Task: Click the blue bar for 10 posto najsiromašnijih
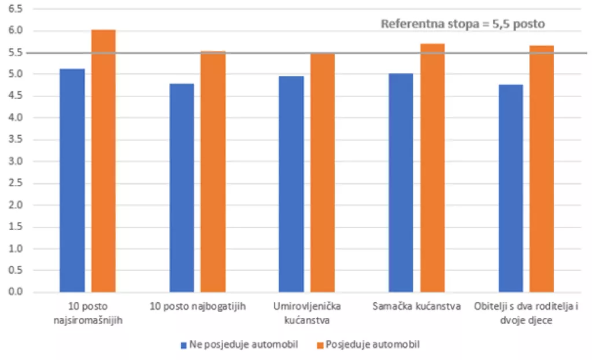(x=72, y=180)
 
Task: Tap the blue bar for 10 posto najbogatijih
(x=182, y=188)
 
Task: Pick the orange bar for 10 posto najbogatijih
(x=213, y=172)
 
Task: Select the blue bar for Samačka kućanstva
(x=401, y=183)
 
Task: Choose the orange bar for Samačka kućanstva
(x=432, y=168)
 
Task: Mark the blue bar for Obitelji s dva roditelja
(x=510, y=188)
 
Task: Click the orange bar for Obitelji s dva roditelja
(x=542, y=169)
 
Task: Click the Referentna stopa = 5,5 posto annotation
(x=463, y=24)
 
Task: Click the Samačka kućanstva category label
(x=417, y=306)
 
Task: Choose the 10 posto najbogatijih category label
(x=198, y=306)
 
